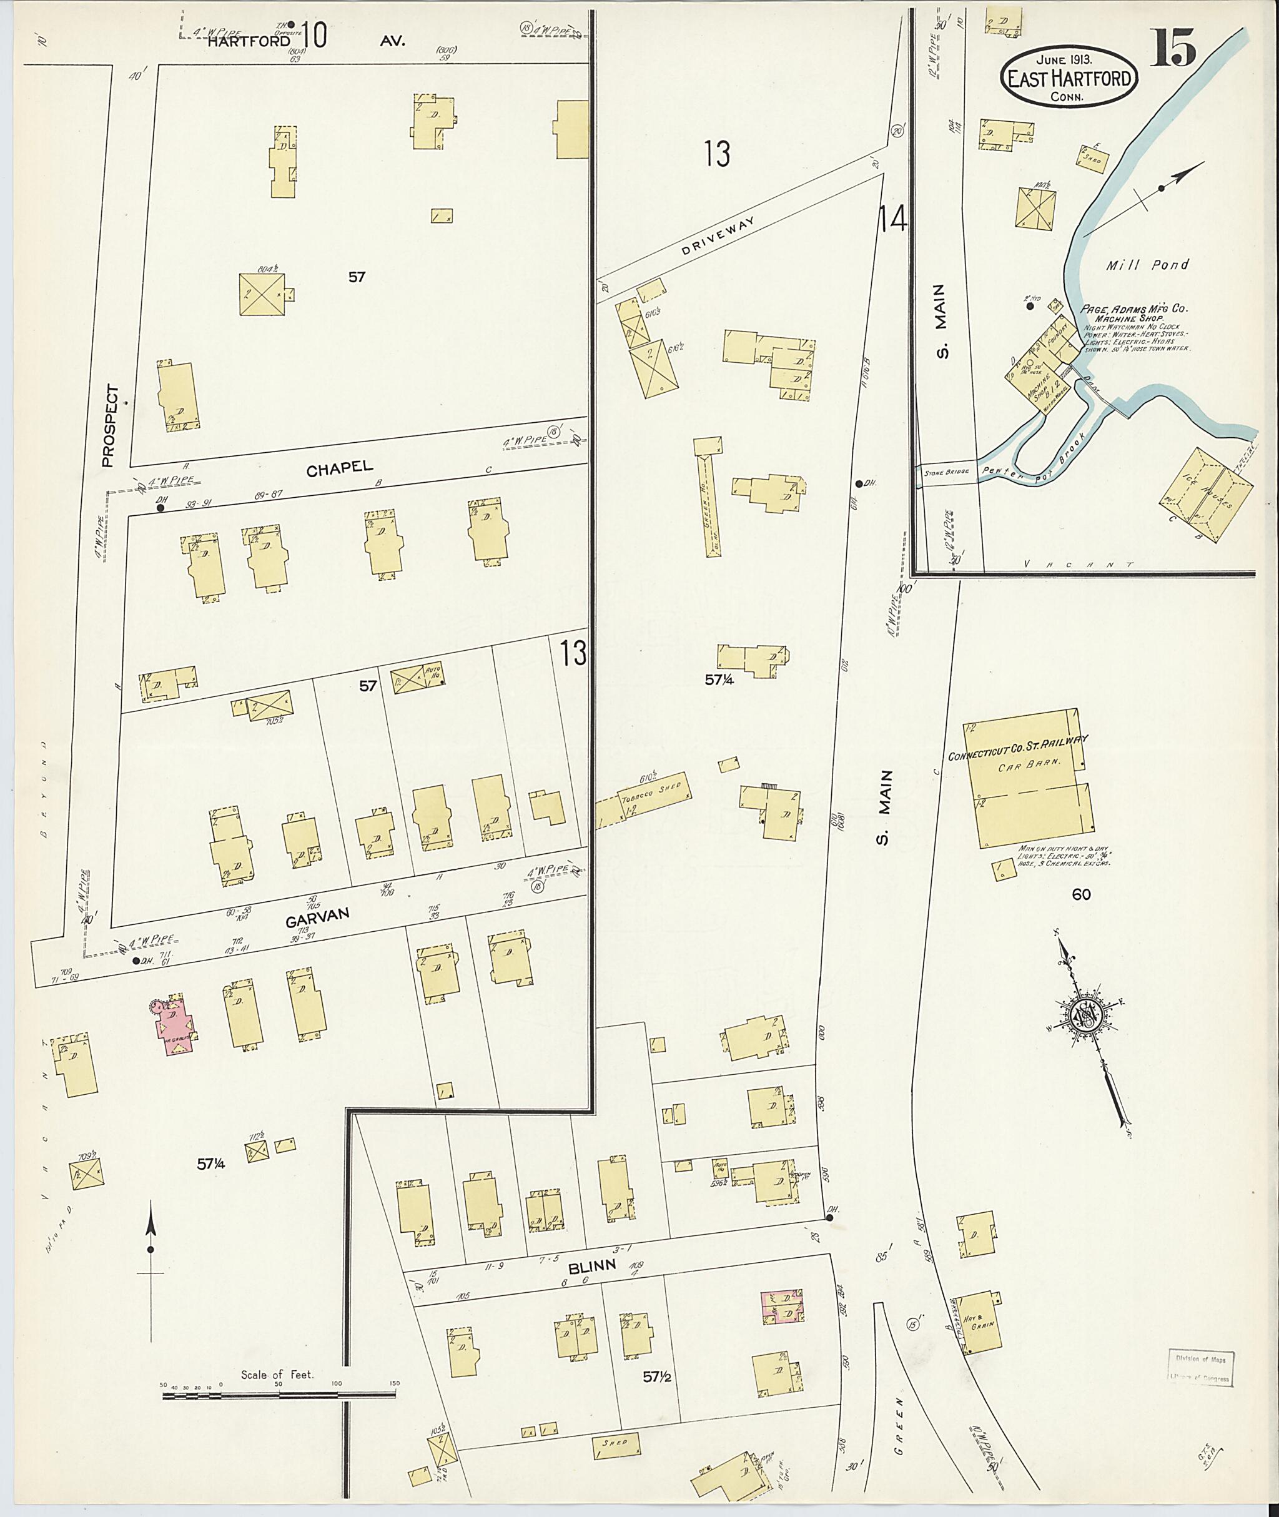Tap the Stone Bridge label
click(x=942, y=473)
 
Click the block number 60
click(x=1082, y=894)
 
